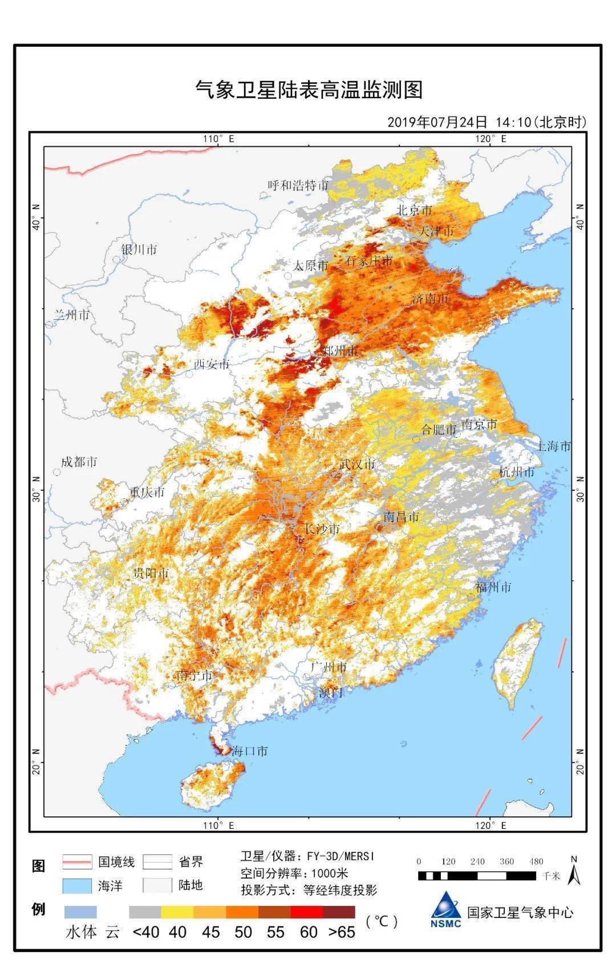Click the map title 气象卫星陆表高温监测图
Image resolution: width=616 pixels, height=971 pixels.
(x=309, y=90)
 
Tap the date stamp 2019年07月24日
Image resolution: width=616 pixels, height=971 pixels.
(x=437, y=122)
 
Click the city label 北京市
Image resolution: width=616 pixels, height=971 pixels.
(x=415, y=210)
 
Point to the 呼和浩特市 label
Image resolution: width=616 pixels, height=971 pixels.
(x=298, y=185)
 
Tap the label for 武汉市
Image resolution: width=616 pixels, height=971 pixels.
(x=357, y=464)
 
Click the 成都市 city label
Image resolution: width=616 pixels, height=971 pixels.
(x=79, y=462)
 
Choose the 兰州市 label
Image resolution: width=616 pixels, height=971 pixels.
(x=71, y=315)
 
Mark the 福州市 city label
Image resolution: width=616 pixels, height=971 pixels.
(x=493, y=587)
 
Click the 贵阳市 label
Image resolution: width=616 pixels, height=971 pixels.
(x=151, y=573)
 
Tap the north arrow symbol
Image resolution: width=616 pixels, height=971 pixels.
(x=574, y=872)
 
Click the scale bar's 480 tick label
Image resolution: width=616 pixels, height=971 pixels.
(x=536, y=861)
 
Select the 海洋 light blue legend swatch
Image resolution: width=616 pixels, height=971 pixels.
(x=76, y=885)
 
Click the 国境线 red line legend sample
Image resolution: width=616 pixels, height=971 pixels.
(x=76, y=861)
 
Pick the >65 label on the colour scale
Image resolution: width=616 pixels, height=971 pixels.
(x=342, y=932)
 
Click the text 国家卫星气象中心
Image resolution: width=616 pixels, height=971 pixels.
(x=520, y=912)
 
